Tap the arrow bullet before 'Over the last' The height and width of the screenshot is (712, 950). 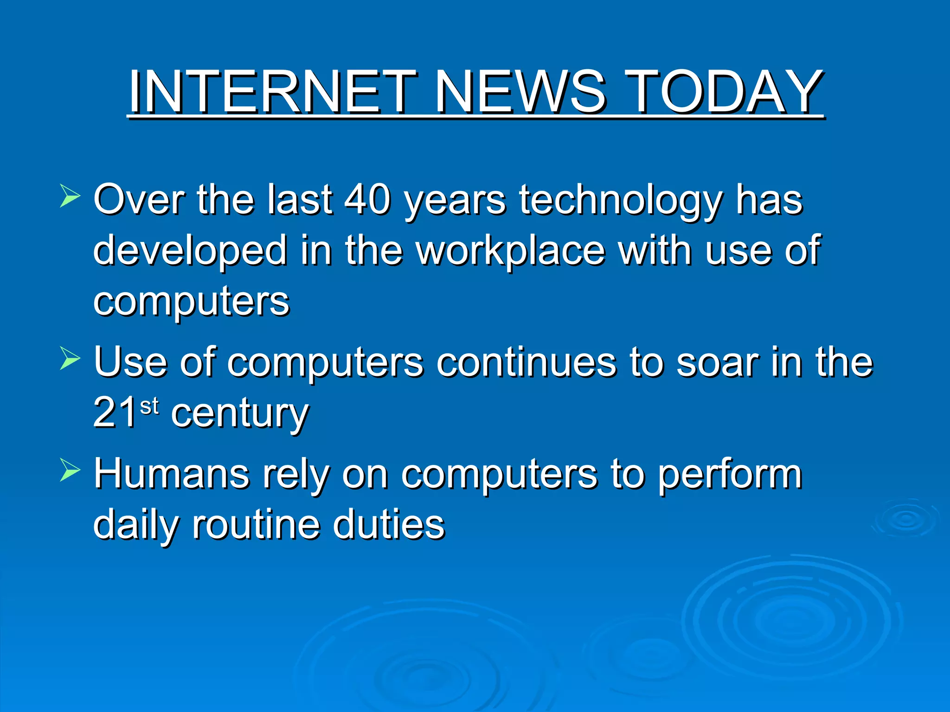click(70, 195)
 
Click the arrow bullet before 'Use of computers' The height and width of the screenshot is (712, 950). click(70, 358)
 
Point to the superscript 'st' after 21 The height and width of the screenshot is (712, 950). click(149, 406)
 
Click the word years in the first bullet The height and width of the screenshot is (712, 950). click(455, 202)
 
